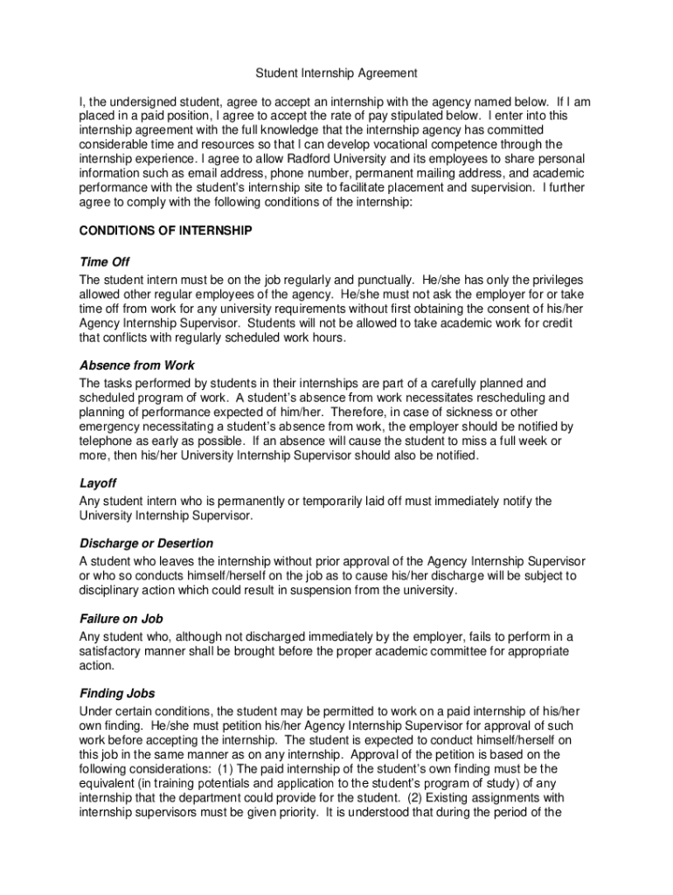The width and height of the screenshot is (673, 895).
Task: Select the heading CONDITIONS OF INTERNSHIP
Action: pos(165,231)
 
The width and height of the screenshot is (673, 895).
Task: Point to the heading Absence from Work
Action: pos(137,365)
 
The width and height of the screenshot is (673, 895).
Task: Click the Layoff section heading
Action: pos(98,483)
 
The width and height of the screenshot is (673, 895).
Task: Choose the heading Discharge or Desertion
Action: pos(146,543)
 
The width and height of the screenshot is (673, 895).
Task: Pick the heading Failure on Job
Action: pos(121,619)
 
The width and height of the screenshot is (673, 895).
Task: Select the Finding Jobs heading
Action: pos(117,693)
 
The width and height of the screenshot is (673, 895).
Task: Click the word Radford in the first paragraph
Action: pos(314,158)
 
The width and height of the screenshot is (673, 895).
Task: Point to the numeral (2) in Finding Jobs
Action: pos(424,798)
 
